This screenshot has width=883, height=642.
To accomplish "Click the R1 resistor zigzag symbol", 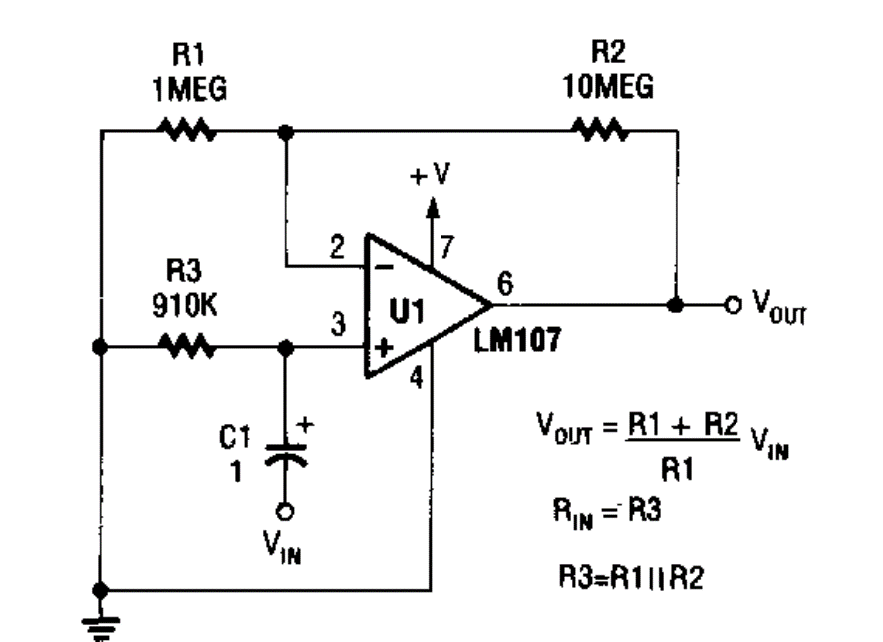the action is [187, 130].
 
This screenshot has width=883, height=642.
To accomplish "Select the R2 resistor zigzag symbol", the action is [600, 130].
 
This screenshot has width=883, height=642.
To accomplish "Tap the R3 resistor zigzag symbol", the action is [187, 346].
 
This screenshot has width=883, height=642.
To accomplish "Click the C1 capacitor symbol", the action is [285, 455].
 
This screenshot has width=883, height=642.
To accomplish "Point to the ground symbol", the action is [100, 628].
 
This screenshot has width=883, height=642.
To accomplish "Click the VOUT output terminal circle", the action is [733, 305].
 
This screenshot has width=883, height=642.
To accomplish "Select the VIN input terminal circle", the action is [285, 512].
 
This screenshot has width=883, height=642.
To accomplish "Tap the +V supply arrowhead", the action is [432, 207].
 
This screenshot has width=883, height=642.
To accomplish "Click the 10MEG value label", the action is [608, 86].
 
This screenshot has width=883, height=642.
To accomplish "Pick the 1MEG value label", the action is [190, 89].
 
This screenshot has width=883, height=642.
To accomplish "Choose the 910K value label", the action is [184, 306].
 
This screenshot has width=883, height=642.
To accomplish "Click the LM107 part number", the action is [517, 340].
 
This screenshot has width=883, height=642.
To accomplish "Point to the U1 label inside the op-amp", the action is [407, 311].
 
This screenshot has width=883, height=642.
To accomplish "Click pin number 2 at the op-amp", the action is [337, 247].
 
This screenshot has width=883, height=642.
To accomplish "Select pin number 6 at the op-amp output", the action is [505, 283].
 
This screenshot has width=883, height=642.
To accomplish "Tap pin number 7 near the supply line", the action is [447, 247].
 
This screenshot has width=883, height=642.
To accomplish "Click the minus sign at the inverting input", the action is [384, 267].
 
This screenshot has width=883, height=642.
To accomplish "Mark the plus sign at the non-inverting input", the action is [384, 348].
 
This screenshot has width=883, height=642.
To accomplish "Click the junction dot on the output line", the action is [675, 305].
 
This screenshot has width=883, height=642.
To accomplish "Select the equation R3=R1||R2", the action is [631, 578].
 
